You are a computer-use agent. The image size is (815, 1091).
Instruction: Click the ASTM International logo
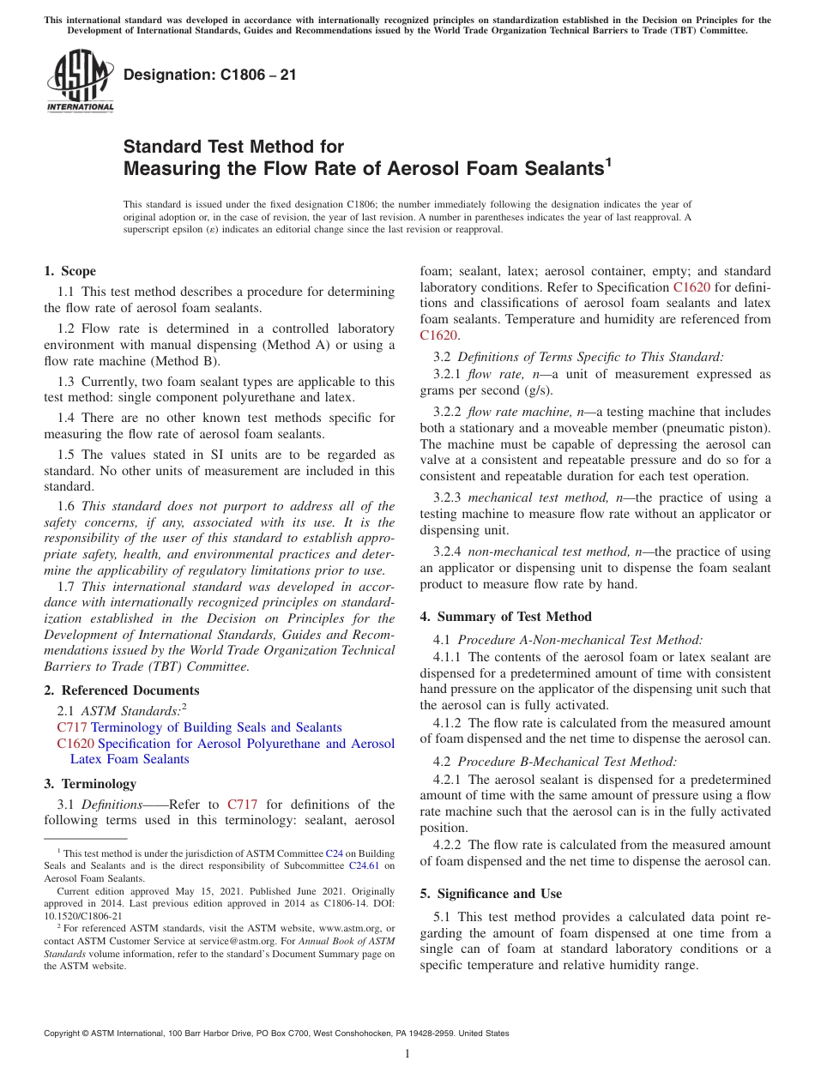tap(80, 81)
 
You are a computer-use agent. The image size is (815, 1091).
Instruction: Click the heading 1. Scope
tap(69, 271)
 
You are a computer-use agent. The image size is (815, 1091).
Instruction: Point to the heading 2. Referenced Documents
tap(122, 690)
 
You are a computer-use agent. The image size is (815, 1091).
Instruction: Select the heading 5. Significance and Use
tap(491, 894)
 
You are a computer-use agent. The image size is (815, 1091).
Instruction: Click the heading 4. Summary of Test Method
tap(505, 617)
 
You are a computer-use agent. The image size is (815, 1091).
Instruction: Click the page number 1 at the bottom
tap(407, 1053)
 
